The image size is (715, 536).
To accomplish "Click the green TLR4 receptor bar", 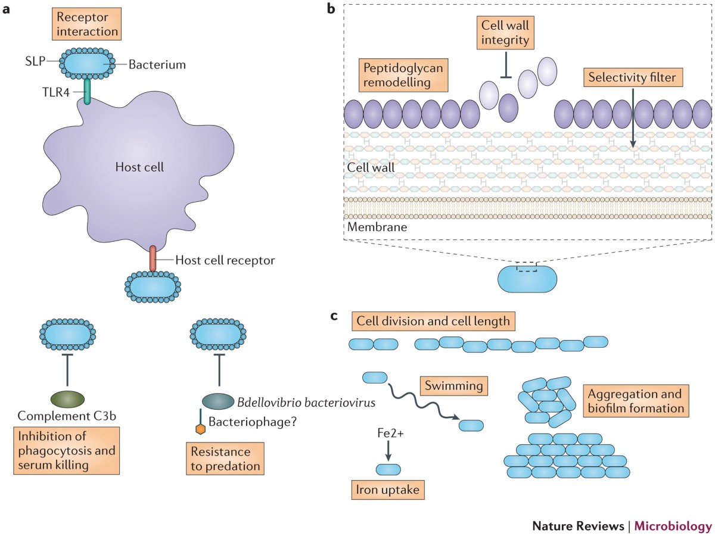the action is pyautogui.click(x=87, y=92).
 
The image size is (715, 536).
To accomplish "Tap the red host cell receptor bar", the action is pyautogui.click(x=153, y=258).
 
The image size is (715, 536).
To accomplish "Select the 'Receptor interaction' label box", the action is pyautogui.click(x=86, y=24).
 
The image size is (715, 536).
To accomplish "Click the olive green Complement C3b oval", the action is pyautogui.click(x=68, y=399).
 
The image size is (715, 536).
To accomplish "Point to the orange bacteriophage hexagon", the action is pyautogui.click(x=200, y=429).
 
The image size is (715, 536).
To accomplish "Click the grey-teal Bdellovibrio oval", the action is pyautogui.click(x=218, y=401).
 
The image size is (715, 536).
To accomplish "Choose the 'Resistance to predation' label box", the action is pyautogui.click(x=225, y=459).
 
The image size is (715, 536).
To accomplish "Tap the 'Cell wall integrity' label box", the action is pyautogui.click(x=505, y=33).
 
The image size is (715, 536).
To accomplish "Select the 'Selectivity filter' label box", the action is pyautogui.click(x=633, y=77).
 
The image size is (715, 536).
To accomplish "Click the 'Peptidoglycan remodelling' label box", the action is pyautogui.click(x=403, y=75).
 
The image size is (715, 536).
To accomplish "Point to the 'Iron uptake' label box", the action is pyautogui.click(x=388, y=490).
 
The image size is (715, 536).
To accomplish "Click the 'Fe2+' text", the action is pyautogui.click(x=390, y=433).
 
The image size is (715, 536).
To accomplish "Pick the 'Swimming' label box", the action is pyautogui.click(x=454, y=386).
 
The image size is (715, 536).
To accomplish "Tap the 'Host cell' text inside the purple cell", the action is pyautogui.click(x=139, y=167).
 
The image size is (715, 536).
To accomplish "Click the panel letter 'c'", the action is pyautogui.click(x=334, y=316).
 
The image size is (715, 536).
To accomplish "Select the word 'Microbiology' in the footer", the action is pyautogui.click(x=673, y=526).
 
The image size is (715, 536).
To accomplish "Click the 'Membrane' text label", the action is pyautogui.click(x=377, y=227).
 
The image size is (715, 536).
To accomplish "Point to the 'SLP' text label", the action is pyautogui.click(x=35, y=61).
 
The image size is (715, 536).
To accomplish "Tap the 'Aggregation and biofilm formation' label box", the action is pyautogui.click(x=636, y=401).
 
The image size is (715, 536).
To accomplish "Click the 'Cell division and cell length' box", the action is pyautogui.click(x=433, y=321).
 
